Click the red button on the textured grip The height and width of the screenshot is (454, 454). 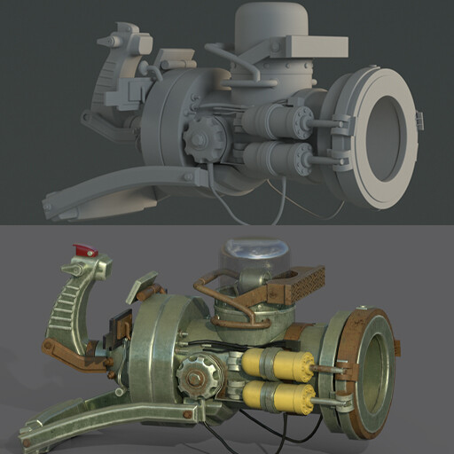[86, 251]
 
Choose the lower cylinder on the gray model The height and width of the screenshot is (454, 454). [275, 158]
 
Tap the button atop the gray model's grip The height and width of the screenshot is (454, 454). [111, 40]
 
